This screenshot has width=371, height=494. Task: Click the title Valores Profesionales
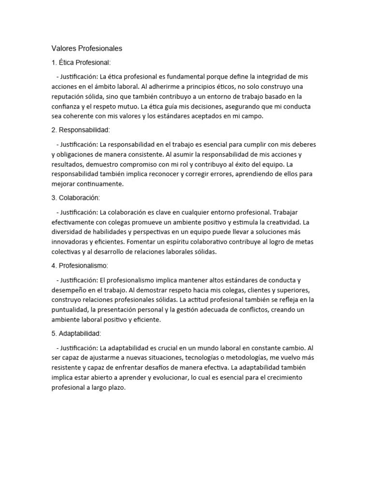[87, 48]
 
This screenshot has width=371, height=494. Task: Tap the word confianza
[68, 106]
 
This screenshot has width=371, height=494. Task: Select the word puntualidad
[71, 309]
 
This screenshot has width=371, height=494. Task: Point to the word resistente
[68, 368]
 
